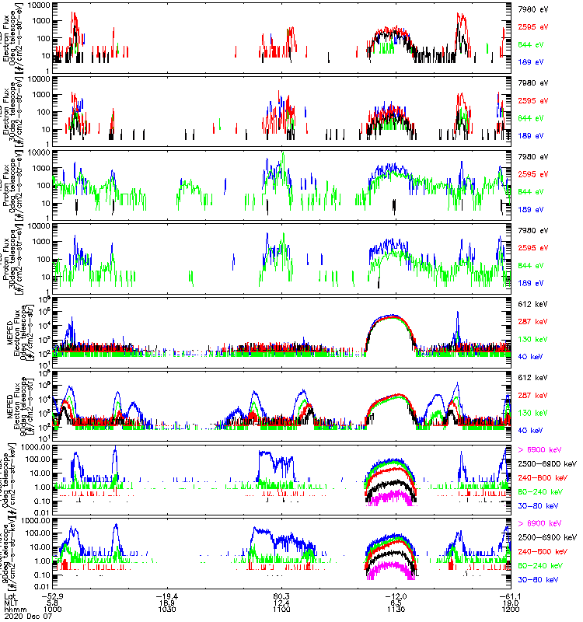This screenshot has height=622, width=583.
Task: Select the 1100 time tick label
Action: (x=283, y=609)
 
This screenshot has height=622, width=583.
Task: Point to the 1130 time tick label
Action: (x=397, y=609)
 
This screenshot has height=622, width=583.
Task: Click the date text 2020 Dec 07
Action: (x=27, y=617)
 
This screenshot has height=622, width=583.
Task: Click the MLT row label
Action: (x=11, y=602)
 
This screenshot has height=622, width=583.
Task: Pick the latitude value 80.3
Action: (x=283, y=595)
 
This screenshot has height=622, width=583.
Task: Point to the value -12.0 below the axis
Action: (x=397, y=595)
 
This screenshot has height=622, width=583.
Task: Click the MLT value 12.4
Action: (x=283, y=602)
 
